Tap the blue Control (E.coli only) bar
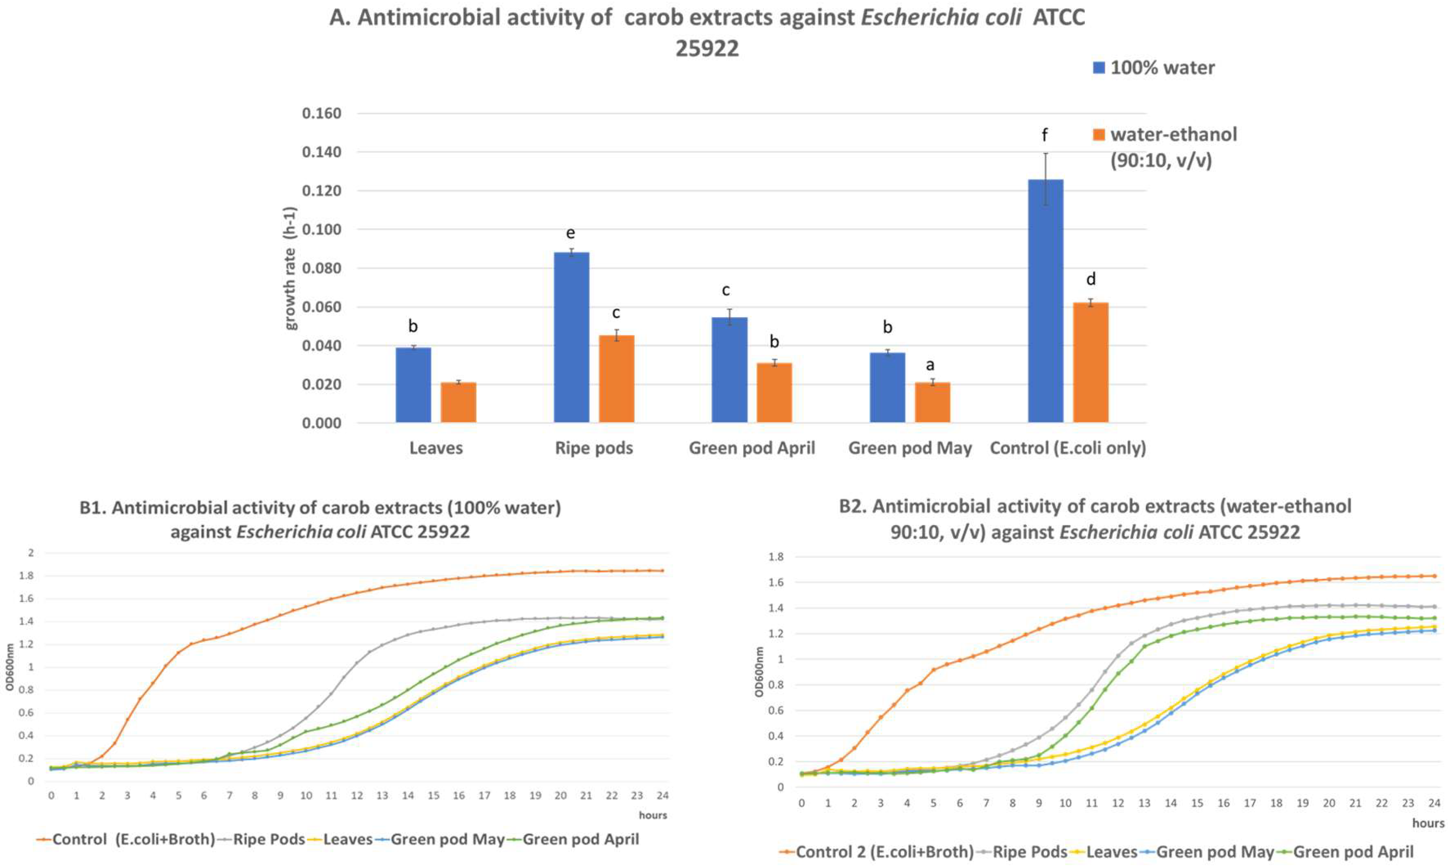1045,301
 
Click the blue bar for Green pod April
729,370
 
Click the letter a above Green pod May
930,365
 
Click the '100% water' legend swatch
1098,68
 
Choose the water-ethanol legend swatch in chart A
1098,135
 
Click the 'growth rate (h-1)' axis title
290,268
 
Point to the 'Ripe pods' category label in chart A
594,448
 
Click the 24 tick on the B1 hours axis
662,796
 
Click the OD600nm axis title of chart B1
10,667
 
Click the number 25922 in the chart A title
707,48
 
